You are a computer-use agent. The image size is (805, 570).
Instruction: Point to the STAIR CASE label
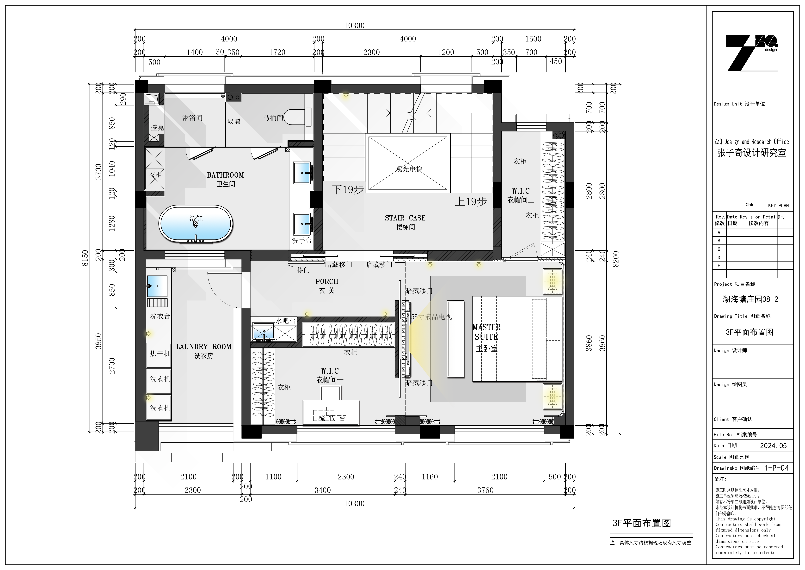point(405,218)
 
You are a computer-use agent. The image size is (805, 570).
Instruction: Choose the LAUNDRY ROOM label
point(204,347)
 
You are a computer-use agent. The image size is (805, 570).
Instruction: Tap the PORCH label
point(327,281)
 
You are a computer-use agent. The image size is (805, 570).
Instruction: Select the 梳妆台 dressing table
point(331,412)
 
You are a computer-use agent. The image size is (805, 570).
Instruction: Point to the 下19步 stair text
point(348,189)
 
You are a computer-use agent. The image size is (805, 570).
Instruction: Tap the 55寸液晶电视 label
point(431,317)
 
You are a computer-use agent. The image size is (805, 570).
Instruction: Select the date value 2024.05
point(774,446)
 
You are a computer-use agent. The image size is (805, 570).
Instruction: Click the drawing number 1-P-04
point(777,468)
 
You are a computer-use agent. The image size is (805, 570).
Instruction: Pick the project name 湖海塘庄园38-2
point(750,299)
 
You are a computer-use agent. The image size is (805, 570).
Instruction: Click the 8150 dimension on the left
point(85,258)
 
